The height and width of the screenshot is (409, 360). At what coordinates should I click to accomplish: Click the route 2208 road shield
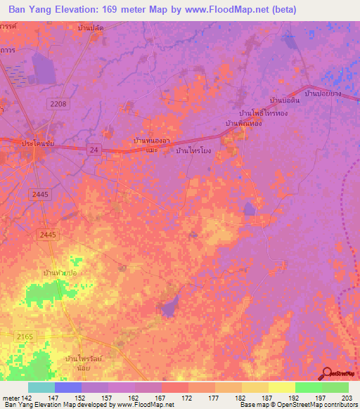(58, 104)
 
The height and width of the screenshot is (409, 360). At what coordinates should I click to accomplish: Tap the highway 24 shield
(94, 150)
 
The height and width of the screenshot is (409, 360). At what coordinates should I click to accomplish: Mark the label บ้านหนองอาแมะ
(153, 144)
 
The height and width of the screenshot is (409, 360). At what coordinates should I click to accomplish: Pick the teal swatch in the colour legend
(41, 387)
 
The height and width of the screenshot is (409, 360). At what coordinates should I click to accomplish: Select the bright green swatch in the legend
(308, 387)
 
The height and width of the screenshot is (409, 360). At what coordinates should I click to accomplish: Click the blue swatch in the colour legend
(67, 387)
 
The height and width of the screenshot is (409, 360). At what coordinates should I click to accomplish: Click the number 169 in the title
(129, 10)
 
